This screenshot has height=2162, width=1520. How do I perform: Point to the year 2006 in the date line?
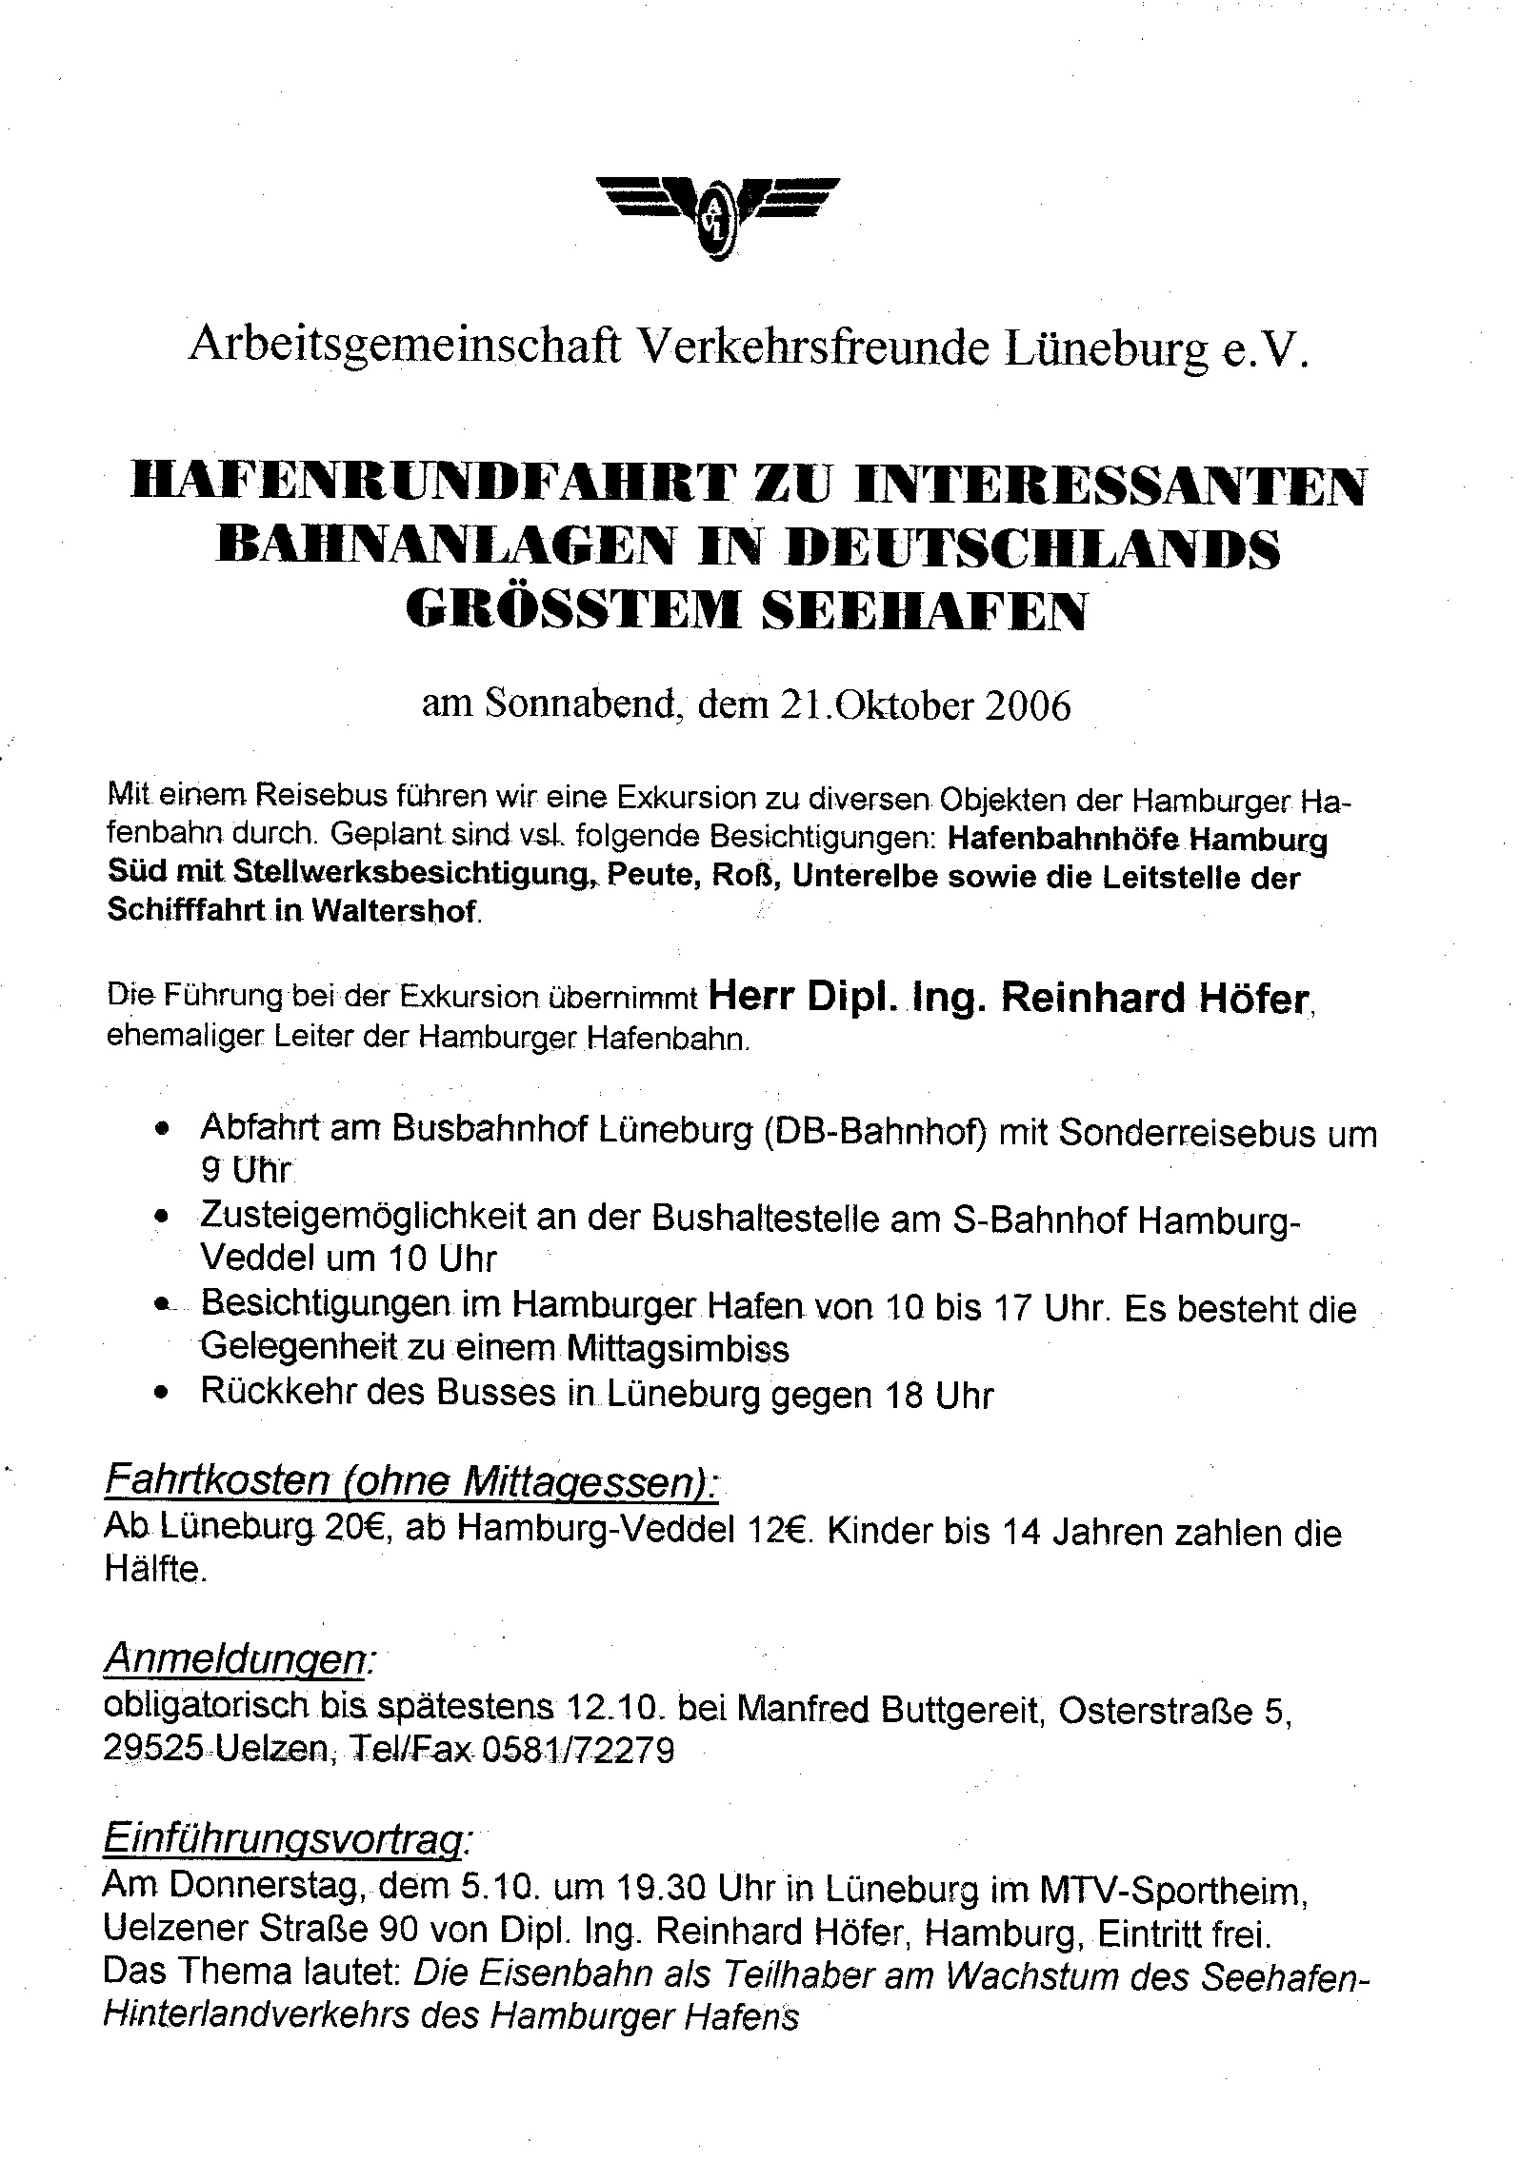1027,706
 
